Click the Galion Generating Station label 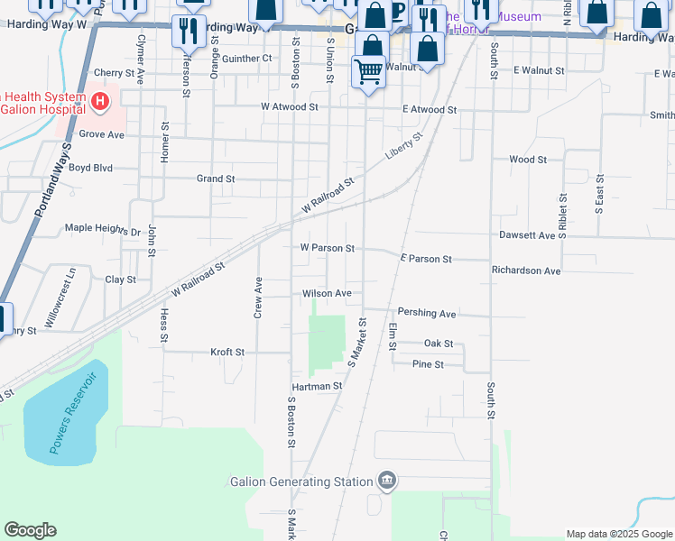coord(301,481)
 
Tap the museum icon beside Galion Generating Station coord(387,480)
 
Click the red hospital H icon coord(100,99)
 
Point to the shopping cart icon coord(368,70)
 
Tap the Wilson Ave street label coord(327,293)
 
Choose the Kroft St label coord(227,352)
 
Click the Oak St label coord(439,344)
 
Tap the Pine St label coord(428,364)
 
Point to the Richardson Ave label coord(526,270)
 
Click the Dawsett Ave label coord(527,234)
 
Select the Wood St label coord(528,160)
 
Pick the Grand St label coord(216,179)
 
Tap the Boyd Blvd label coord(90,167)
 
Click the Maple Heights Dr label coord(104,228)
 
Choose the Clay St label coord(120,280)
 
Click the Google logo coord(30,530)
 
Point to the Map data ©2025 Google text coord(618,534)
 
